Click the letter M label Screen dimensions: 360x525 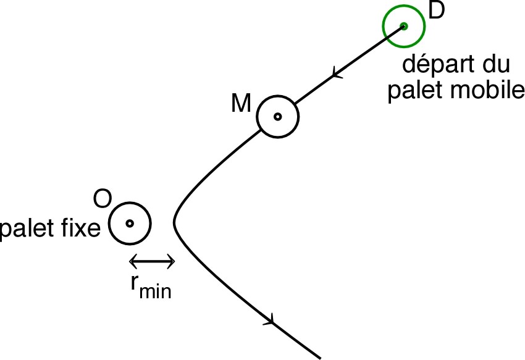coord(240,104)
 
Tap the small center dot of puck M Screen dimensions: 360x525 coord(278,116)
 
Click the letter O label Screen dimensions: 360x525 coord(101,199)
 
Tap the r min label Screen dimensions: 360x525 coord(150,287)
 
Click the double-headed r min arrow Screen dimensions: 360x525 coord(153,262)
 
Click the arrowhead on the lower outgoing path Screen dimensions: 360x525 coord(269,319)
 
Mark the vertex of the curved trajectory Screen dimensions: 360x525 coord(175,220)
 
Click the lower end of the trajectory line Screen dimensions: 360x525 coord(321,357)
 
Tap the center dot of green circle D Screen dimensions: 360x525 coord(403,26)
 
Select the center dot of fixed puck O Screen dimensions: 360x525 coord(130,223)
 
